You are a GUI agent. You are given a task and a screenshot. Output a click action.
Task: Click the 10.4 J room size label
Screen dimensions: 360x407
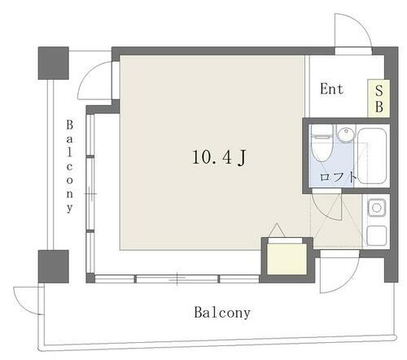[x=219, y=159]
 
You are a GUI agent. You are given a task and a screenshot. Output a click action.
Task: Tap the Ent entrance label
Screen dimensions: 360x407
[x=330, y=89]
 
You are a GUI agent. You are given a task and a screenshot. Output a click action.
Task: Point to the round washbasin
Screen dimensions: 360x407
[x=347, y=134]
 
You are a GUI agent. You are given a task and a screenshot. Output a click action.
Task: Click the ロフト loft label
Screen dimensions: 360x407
[x=336, y=175]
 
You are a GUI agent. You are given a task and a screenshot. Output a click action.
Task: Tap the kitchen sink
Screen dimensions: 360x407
[x=376, y=209]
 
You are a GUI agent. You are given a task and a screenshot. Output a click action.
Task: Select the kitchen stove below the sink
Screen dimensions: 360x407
[x=376, y=235]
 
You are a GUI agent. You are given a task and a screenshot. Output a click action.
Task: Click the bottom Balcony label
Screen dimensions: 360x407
[x=221, y=312]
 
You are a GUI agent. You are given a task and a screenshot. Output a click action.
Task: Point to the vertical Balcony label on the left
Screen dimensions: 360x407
[x=70, y=166]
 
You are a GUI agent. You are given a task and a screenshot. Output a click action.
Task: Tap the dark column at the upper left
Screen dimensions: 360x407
[x=54, y=63]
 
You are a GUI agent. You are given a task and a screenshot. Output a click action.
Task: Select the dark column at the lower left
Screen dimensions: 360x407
[x=54, y=266]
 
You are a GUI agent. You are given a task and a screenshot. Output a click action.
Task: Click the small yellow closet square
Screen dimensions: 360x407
[x=286, y=258]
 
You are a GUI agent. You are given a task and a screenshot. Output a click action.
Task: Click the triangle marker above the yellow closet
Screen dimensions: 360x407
[x=277, y=230]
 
